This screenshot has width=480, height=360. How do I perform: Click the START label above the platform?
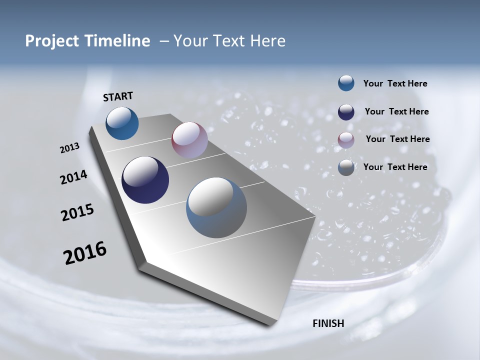coord(118,96)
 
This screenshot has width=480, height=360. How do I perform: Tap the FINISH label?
coord(328,323)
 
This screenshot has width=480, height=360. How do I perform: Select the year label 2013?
coord(70,148)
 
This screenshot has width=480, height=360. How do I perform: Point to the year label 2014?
coord(73,177)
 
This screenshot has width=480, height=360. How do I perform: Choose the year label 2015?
coord(77,212)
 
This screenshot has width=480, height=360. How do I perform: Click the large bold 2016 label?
coord(85,253)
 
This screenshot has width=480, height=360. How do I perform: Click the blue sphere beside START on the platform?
coord(122,123)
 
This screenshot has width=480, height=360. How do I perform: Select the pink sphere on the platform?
coord(189,140)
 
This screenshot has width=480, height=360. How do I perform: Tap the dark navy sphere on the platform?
coord(145,180)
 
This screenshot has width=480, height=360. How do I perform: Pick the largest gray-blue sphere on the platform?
coord(216,207)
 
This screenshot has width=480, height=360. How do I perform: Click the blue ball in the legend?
coord(346,83)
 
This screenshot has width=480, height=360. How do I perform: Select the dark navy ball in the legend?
coord(346,111)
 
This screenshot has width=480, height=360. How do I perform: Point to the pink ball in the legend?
coord(346,139)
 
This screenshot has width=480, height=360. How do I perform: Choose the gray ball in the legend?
coord(346,167)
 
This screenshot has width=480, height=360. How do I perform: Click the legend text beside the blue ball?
coord(395,83)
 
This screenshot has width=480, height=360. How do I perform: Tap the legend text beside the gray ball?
coord(395,167)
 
